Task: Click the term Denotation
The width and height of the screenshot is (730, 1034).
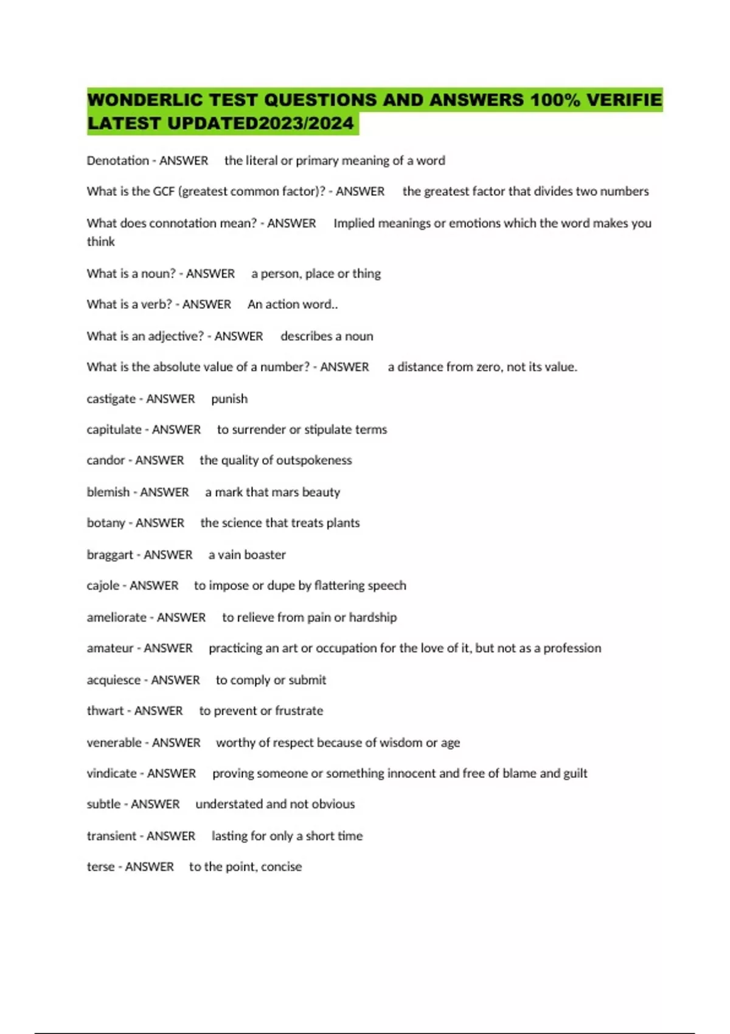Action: (117, 161)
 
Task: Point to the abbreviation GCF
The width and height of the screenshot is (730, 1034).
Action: (163, 192)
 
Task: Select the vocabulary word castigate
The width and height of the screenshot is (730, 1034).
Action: (111, 399)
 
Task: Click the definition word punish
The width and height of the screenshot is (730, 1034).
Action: (229, 399)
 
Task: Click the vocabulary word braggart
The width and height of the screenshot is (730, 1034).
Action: (109, 555)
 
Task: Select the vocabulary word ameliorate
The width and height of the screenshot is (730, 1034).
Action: (116, 617)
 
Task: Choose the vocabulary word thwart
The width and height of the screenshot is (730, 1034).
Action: (105, 711)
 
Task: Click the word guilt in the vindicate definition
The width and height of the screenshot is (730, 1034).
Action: (575, 774)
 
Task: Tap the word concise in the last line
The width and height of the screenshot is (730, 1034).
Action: (281, 867)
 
